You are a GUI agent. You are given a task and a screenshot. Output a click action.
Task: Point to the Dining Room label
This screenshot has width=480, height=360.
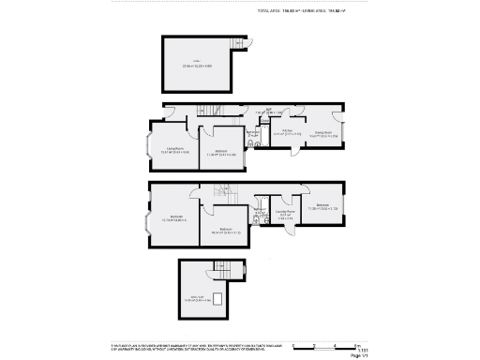[x=325, y=134]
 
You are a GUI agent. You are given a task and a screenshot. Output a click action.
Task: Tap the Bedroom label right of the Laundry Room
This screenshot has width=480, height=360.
[x=322, y=205]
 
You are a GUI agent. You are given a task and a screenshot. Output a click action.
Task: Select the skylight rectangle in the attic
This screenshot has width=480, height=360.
[x=218, y=299]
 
